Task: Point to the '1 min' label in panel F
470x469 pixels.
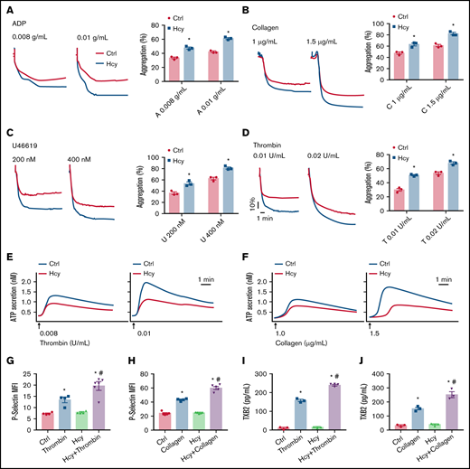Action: click(x=442, y=278)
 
